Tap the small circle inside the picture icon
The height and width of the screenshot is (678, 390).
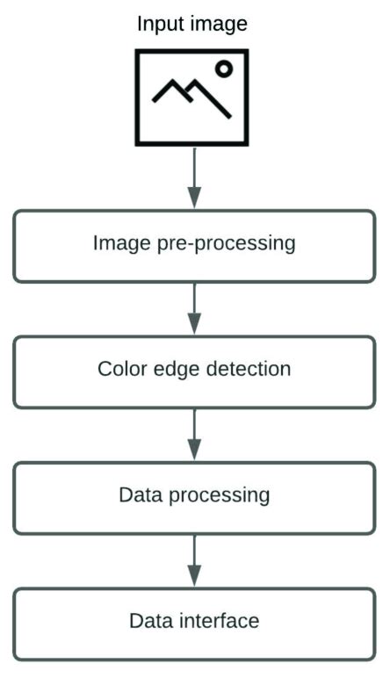click(x=224, y=69)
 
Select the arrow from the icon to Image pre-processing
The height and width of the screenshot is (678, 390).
click(x=194, y=176)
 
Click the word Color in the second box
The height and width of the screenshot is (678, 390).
click(x=119, y=368)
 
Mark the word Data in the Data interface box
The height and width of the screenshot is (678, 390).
click(x=150, y=621)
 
